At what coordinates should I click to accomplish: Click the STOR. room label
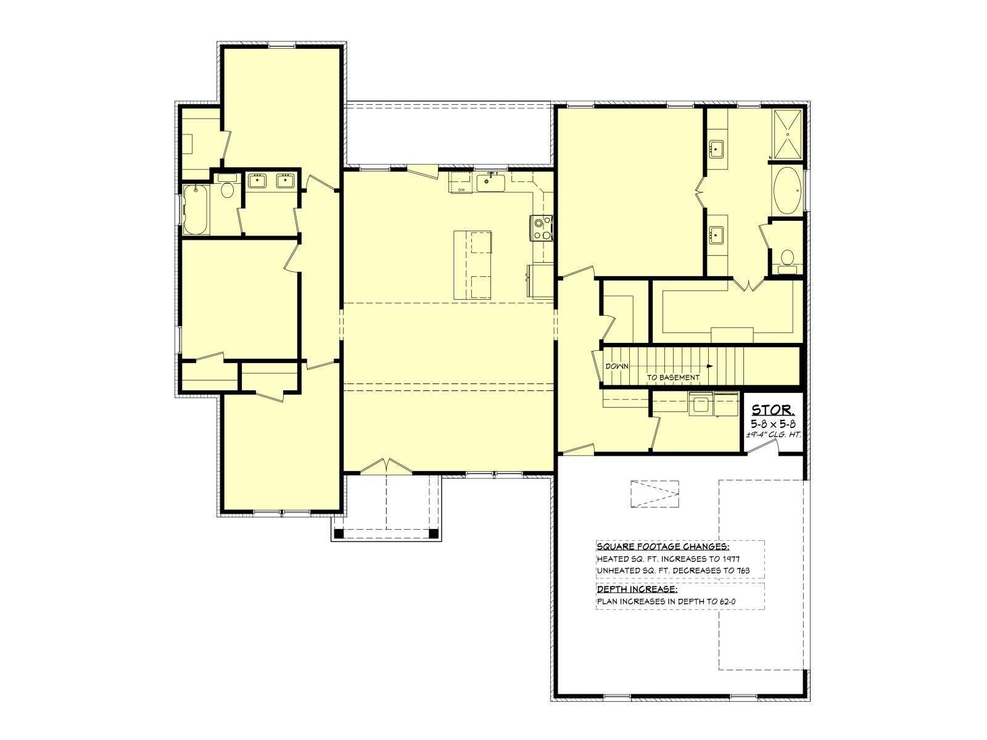tap(772, 409)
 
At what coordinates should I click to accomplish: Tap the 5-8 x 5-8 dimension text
tap(772, 423)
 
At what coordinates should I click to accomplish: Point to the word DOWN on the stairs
tap(617, 366)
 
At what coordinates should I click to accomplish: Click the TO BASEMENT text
tap(673, 377)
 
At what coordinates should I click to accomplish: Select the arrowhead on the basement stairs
tap(710, 366)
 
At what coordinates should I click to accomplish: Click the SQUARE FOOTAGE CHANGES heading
tap(663, 547)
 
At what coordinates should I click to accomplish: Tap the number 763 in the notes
tap(743, 570)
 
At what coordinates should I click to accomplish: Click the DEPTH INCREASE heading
tap(637, 589)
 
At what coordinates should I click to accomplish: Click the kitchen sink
tap(490, 182)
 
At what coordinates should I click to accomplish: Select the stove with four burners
tap(542, 228)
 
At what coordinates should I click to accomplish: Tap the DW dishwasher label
tap(461, 189)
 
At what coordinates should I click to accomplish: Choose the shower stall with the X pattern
tap(788, 134)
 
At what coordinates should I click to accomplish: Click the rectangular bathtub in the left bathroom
tap(196, 210)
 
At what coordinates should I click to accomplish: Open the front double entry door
tap(386, 466)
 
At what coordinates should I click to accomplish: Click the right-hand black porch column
tap(433, 534)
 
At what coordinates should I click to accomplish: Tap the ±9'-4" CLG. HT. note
tap(774, 435)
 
